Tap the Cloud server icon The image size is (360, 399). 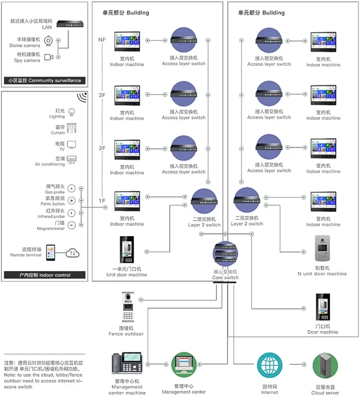(325, 366)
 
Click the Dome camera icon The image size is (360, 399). (49, 41)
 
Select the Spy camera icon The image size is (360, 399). (48, 57)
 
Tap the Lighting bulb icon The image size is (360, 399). (71, 112)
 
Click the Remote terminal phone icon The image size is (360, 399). (50, 252)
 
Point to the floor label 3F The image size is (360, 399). (101, 95)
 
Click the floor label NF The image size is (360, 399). (101, 40)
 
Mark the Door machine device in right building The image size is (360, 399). (322, 309)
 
